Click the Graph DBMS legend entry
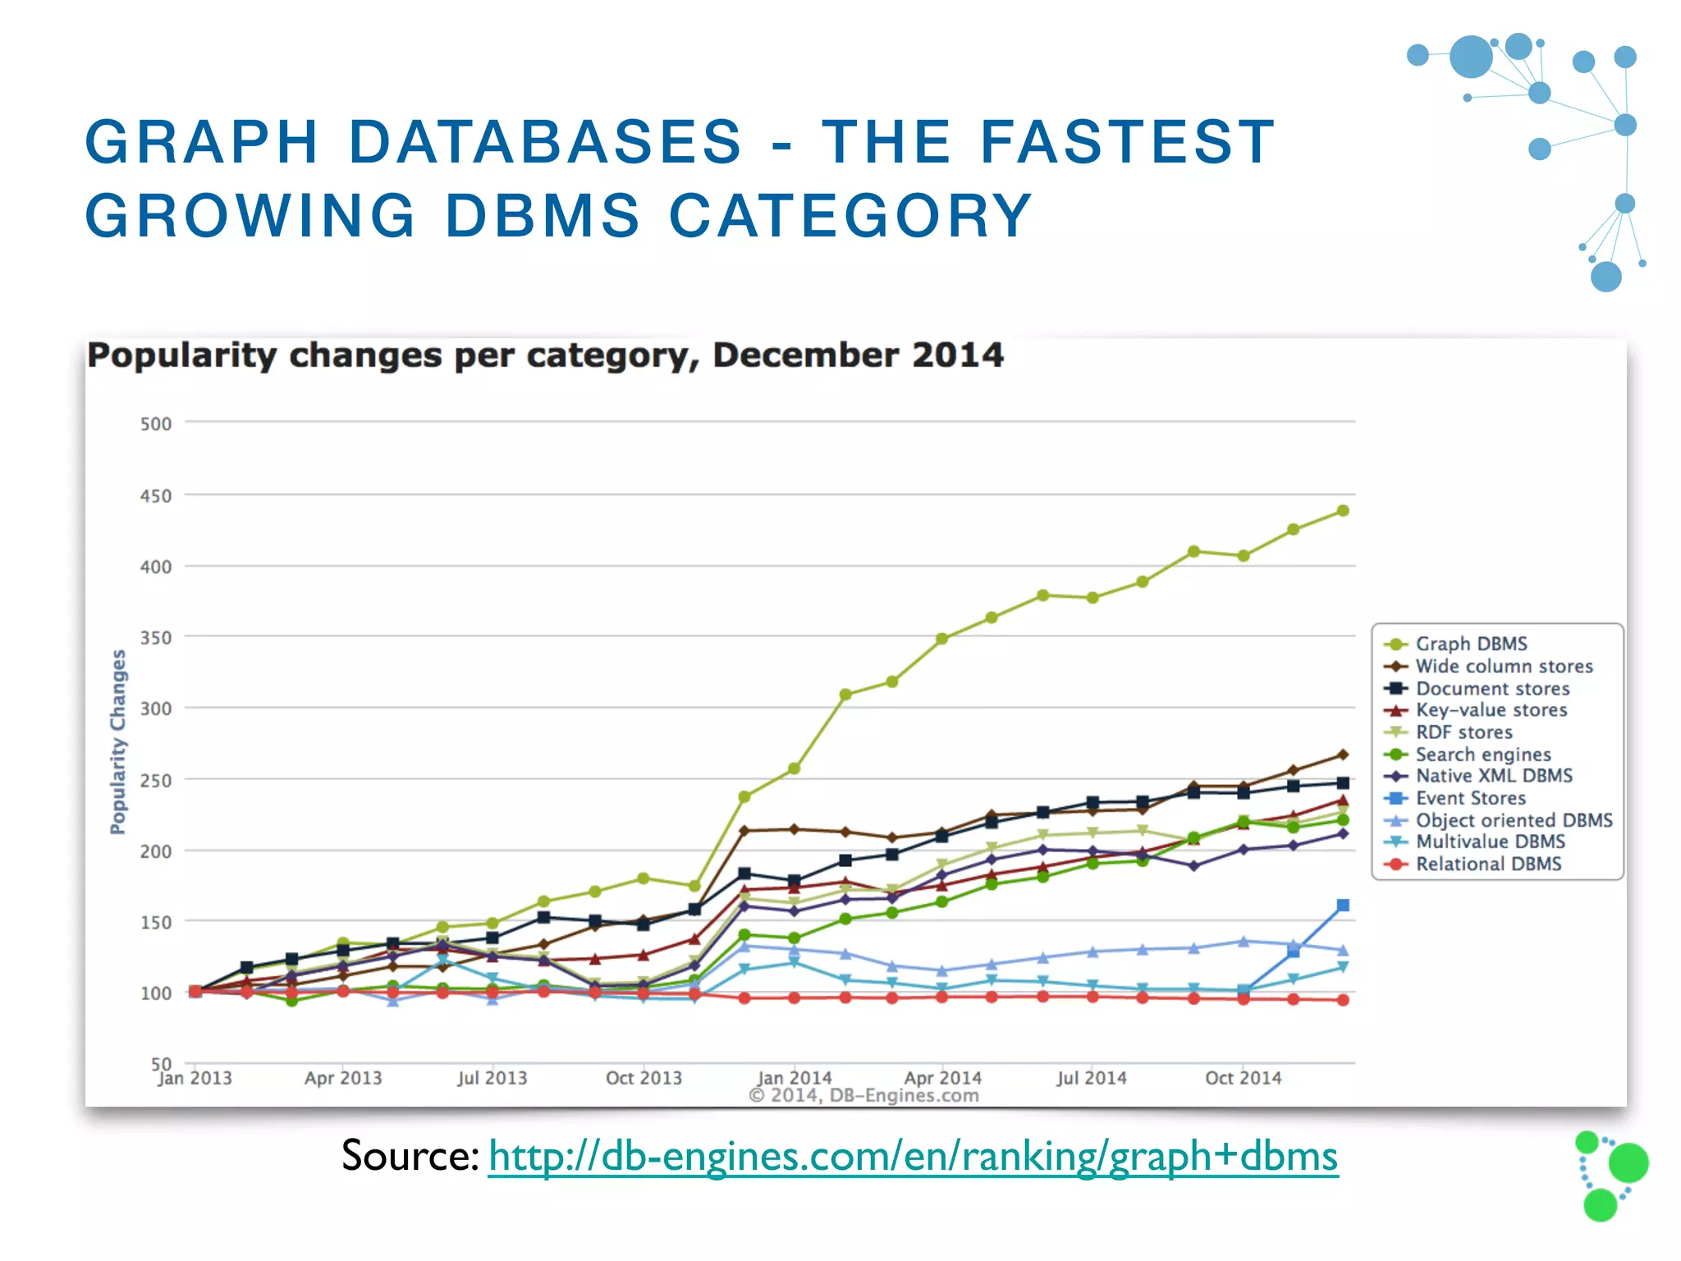[1470, 644]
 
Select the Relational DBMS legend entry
[1487, 864]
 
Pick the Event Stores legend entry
[1470, 798]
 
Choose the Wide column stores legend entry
[1503, 666]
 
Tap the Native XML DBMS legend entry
[1493, 776]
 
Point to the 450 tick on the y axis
[156, 496]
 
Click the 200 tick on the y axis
[156, 851]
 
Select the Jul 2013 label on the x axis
[492, 1078]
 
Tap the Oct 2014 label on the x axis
[1243, 1078]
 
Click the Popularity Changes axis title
[119, 741]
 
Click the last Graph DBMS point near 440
[1343, 511]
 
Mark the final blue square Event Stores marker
[1343, 906]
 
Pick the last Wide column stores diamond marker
[1343, 754]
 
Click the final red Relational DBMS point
[1343, 1000]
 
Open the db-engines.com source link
[913, 1156]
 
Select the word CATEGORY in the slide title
[850, 216]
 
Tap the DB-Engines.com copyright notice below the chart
[863, 1095]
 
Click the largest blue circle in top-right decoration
[1471, 57]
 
